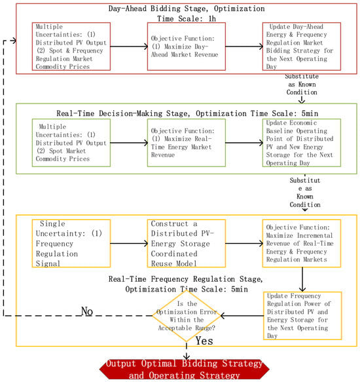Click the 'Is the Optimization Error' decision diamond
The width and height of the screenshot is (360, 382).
coord(187,316)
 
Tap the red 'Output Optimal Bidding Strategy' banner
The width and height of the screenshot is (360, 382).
coord(185,370)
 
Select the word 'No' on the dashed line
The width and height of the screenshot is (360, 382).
coord(87,311)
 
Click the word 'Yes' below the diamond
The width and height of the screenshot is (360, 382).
coord(204,341)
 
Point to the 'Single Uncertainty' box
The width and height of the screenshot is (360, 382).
coord(71,243)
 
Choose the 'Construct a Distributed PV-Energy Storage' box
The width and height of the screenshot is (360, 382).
coord(187,243)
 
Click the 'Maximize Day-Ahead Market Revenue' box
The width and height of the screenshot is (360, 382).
coord(187,47)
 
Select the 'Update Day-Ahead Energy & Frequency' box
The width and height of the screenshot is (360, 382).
coord(302,47)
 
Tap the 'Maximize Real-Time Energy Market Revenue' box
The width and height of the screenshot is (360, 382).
coord(187,143)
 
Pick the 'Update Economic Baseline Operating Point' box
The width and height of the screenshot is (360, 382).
coord(302,143)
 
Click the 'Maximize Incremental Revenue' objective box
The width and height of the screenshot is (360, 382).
coord(302,243)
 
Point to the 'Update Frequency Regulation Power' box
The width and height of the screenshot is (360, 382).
coord(302,316)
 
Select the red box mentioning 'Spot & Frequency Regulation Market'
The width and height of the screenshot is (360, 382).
coord(71,47)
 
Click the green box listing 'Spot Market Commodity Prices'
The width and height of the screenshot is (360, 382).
coord(71,143)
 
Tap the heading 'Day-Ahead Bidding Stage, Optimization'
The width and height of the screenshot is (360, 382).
coord(187,9)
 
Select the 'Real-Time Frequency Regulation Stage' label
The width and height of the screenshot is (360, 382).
coord(185,279)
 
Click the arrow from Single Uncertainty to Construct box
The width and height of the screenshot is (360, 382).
coord(129,243)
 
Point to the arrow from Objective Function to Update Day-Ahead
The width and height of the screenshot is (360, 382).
coord(244,47)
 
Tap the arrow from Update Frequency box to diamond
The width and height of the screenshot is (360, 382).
coord(242,316)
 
